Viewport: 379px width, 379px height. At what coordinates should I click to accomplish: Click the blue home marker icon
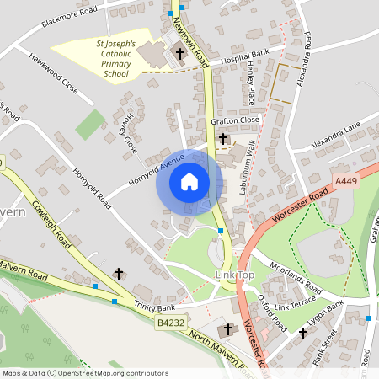point(189,182)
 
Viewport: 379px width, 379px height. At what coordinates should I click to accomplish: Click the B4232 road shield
point(168,323)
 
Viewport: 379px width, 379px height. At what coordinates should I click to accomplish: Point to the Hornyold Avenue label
point(156,170)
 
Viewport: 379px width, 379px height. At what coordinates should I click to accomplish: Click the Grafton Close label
point(235,121)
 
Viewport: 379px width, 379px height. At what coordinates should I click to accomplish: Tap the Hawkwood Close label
point(53,73)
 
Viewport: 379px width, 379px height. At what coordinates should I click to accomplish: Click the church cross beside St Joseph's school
point(179,54)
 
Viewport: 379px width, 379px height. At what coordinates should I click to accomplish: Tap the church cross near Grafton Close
point(223,138)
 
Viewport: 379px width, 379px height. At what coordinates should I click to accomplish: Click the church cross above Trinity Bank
point(119,274)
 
